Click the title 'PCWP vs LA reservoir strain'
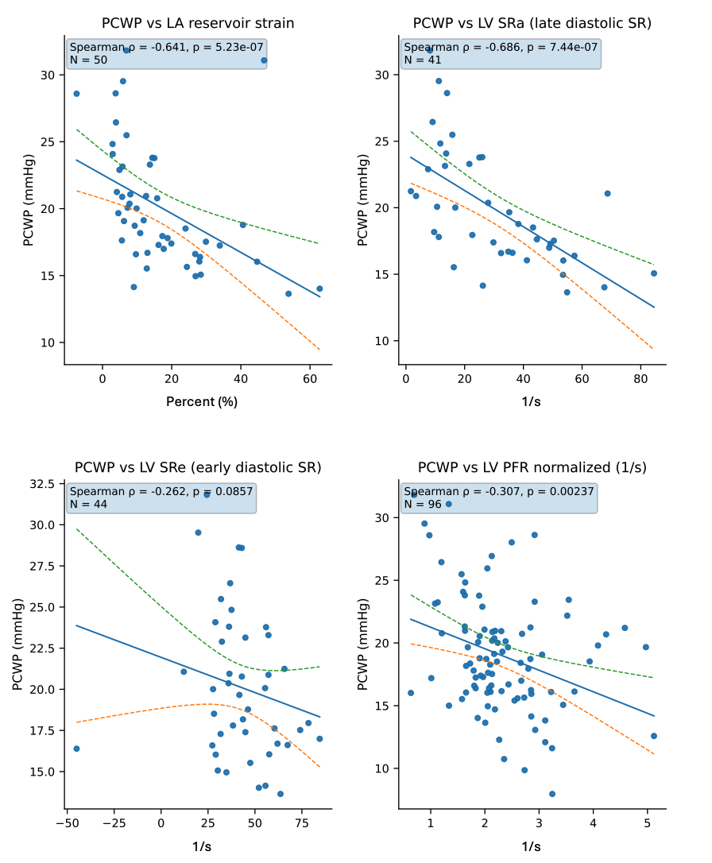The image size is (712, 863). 198,23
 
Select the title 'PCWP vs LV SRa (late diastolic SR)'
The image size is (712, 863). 532,23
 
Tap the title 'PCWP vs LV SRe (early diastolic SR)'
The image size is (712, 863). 198,467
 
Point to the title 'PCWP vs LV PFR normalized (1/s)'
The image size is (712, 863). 532,467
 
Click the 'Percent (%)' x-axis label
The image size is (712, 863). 202,401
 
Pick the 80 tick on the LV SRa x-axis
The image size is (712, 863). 640,379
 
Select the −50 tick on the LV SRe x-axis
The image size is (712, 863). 67,823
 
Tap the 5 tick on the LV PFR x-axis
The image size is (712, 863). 647,823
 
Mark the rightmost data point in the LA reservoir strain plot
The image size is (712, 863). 319,288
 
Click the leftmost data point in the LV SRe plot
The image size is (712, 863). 76,749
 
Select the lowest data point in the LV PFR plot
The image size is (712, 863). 552,794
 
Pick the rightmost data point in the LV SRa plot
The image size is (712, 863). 654,273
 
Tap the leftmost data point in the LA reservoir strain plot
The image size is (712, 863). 76,94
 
